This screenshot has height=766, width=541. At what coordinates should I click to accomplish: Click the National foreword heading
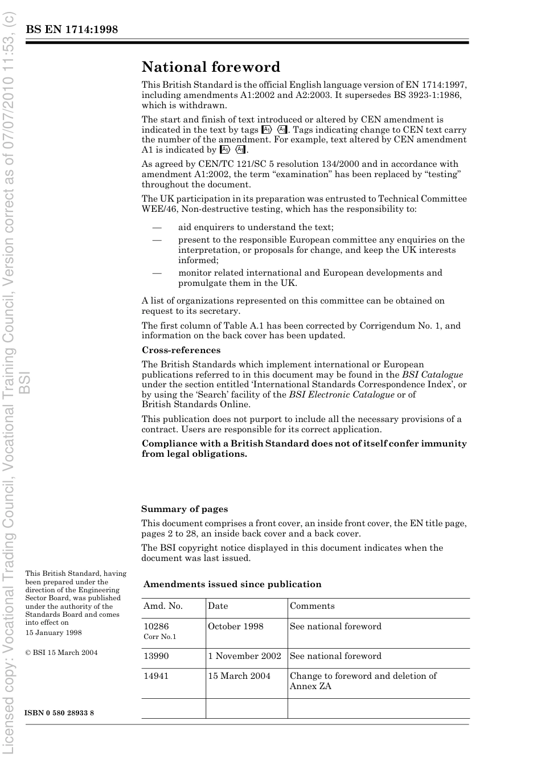(x=211, y=67)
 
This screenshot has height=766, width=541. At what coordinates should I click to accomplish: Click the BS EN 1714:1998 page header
(x=72, y=30)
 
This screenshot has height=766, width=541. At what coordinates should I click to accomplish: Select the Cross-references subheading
(x=181, y=350)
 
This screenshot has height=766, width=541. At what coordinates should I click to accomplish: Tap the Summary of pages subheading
(x=185, y=509)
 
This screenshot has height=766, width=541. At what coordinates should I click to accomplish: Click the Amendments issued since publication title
(x=232, y=584)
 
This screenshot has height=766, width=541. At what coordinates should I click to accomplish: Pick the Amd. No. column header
(x=163, y=606)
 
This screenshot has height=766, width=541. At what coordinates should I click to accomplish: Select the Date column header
(x=218, y=606)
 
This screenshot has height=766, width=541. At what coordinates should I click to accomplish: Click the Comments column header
(x=312, y=606)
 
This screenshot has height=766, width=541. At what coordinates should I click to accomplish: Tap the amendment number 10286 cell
(x=156, y=626)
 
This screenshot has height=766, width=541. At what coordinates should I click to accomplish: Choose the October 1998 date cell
(x=236, y=626)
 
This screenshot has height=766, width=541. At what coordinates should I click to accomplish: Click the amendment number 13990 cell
(x=156, y=656)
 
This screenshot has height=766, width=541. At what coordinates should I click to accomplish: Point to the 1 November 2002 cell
(x=244, y=656)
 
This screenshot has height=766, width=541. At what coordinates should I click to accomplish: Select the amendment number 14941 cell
(x=156, y=676)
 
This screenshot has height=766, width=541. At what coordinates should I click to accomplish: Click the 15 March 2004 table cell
(x=239, y=676)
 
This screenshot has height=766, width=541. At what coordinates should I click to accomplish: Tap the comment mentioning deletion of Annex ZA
(x=363, y=681)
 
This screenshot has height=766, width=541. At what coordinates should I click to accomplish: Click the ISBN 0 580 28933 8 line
(x=59, y=713)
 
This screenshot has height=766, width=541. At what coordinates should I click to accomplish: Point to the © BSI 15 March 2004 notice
(x=62, y=653)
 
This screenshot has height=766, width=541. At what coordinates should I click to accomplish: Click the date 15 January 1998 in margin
(x=54, y=633)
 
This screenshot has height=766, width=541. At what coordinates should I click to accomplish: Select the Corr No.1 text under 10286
(x=160, y=637)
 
